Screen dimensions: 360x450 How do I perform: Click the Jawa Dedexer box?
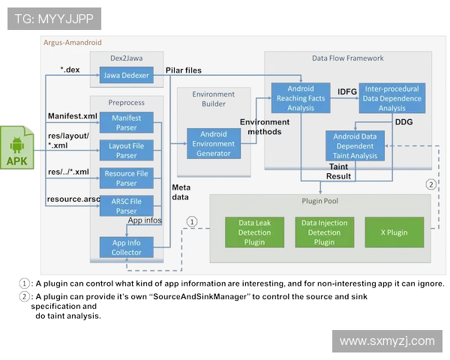click(x=125, y=76)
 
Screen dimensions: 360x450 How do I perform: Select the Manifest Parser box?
click(x=125, y=122)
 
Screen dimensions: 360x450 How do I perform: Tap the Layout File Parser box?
click(x=125, y=151)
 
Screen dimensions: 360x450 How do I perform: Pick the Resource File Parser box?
click(x=125, y=178)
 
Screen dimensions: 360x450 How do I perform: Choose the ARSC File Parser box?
click(x=125, y=205)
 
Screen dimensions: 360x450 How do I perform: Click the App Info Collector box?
click(x=125, y=247)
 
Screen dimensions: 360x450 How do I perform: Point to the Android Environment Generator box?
click(x=214, y=144)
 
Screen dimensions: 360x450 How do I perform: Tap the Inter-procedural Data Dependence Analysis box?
click(x=391, y=98)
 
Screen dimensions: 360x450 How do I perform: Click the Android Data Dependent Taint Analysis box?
click(x=355, y=145)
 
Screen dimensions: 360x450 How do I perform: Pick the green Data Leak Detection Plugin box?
click(x=255, y=232)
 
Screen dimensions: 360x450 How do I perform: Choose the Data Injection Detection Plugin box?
click(x=324, y=232)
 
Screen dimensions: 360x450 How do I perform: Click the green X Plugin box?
click(x=394, y=232)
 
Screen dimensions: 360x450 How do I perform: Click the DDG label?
click(x=403, y=122)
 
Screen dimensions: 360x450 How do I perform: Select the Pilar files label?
click(x=183, y=70)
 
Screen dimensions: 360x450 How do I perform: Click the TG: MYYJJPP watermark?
click(x=55, y=19)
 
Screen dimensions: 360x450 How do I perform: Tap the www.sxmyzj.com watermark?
click(x=386, y=341)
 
